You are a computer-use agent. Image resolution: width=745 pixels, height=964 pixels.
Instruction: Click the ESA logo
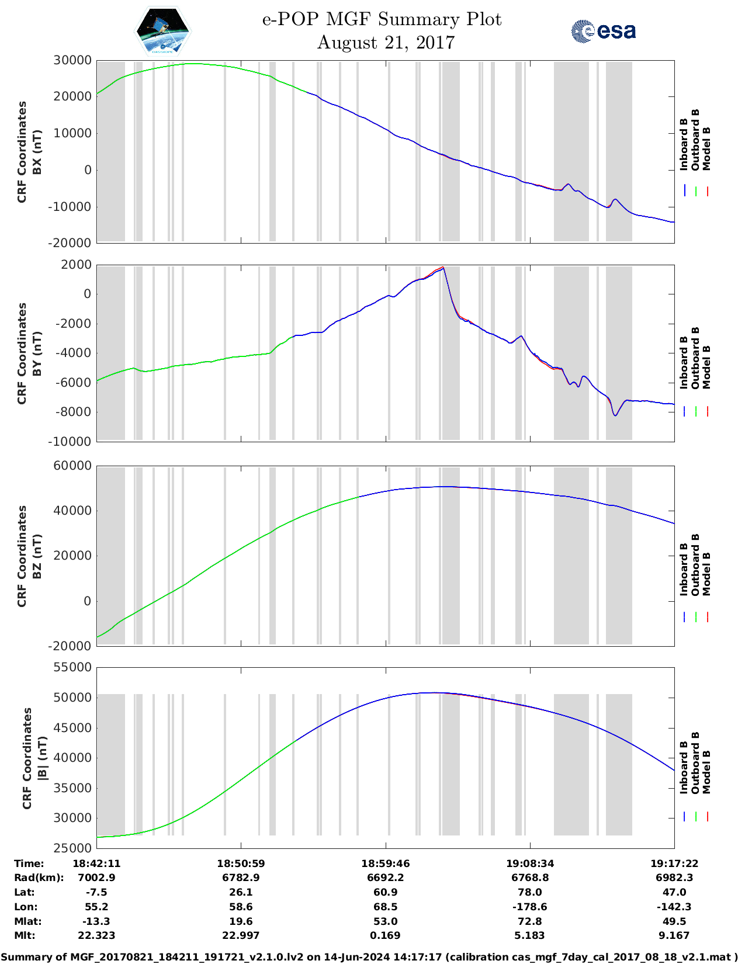point(603,31)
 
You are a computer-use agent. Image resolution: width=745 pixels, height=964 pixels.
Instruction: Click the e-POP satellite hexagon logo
point(163,31)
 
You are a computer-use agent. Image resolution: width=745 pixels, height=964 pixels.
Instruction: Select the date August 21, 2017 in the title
point(386,43)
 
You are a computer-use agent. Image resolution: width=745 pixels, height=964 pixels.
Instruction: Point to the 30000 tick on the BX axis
point(72,60)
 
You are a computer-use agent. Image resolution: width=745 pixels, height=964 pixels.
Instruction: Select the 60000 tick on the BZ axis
point(72,466)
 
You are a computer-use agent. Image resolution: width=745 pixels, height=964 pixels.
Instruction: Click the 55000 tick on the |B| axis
point(72,667)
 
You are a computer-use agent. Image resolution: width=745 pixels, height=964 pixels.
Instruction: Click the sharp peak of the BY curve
point(443,268)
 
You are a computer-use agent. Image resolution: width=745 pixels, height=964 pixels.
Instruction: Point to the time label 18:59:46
point(385,864)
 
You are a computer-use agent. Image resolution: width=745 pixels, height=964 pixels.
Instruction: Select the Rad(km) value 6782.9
point(241,878)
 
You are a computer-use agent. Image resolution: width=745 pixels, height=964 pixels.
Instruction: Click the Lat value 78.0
point(530,892)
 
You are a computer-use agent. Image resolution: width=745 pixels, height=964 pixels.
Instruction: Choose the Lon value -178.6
point(530,907)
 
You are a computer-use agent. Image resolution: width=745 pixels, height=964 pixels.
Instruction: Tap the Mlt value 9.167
point(674,935)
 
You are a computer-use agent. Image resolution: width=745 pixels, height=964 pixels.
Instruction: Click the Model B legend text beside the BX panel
point(706,148)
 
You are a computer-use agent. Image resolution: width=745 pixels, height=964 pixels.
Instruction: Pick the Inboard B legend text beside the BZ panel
point(684,570)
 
